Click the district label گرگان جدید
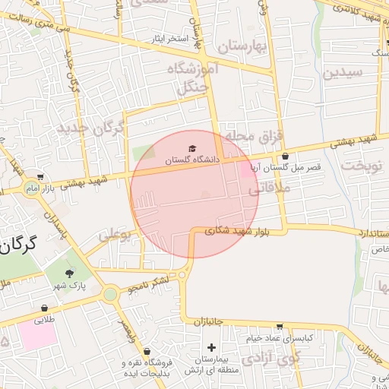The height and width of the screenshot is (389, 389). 90,128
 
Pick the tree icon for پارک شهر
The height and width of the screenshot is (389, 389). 70,274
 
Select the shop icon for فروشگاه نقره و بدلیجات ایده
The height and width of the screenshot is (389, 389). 125,352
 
